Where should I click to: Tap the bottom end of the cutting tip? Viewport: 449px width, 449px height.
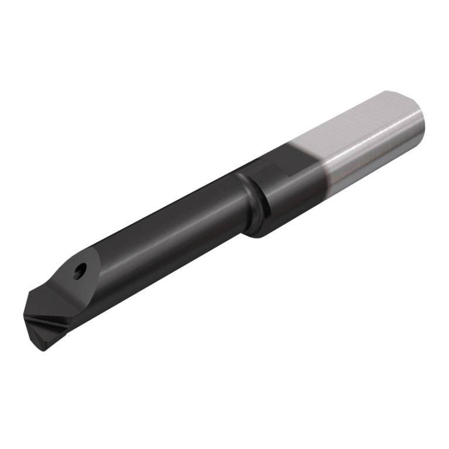point(42,349)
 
